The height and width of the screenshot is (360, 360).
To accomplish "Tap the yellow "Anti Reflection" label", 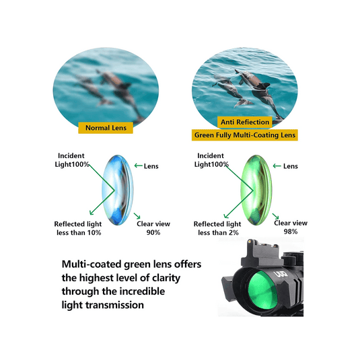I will tap(245, 122).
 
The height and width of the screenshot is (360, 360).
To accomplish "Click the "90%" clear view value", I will tap(153, 231).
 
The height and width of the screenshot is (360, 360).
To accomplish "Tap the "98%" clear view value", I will tap(291, 231).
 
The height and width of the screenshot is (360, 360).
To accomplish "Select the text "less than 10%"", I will tap(78, 233).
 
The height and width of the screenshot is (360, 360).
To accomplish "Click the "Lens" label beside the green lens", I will tap(290, 166).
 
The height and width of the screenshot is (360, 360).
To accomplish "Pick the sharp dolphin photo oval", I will tap(244, 84).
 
